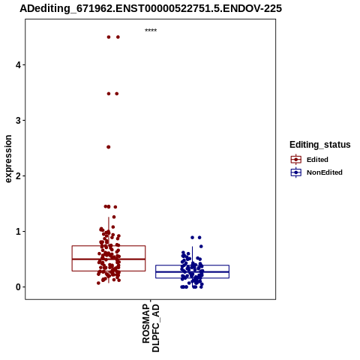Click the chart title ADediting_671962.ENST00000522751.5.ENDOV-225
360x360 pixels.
coord(151,8)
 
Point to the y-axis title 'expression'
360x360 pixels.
coord(8,159)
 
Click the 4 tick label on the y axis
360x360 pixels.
coord(18,65)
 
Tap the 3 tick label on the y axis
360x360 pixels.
coord(18,121)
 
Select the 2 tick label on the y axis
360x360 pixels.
coord(18,176)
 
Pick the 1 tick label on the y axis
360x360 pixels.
coord(18,232)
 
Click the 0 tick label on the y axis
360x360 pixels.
coord(18,287)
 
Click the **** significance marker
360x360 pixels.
coord(151,30)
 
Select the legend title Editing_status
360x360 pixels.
coord(320,145)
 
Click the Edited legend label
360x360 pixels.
coord(317,160)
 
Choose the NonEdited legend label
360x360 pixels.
coord(325,172)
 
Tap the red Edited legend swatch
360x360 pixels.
coord(296,160)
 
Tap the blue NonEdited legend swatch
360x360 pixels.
coord(296,172)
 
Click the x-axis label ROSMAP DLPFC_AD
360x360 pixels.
coord(151,328)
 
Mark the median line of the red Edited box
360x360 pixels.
coord(109,259)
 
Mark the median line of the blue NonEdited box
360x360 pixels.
coord(192,271)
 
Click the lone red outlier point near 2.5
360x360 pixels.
coord(109,147)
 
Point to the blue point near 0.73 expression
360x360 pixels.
coord(201,247)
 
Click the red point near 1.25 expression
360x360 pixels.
coord(114,217)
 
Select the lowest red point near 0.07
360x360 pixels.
coord(98,283)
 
